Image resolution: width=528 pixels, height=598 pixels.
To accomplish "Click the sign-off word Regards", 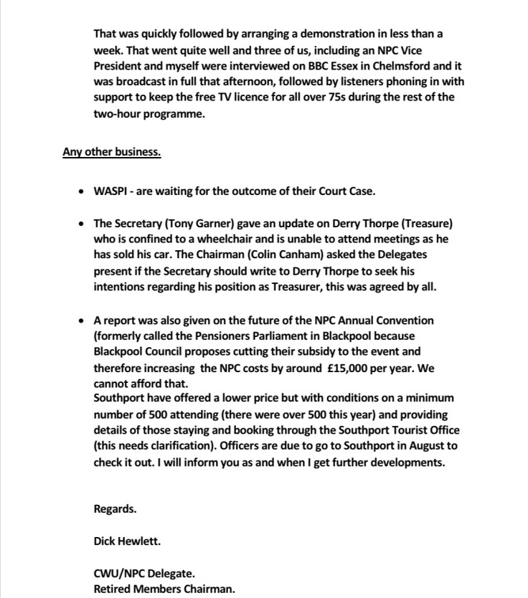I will pos(115,509).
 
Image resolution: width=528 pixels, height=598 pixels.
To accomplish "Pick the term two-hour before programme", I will pos(118,113).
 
